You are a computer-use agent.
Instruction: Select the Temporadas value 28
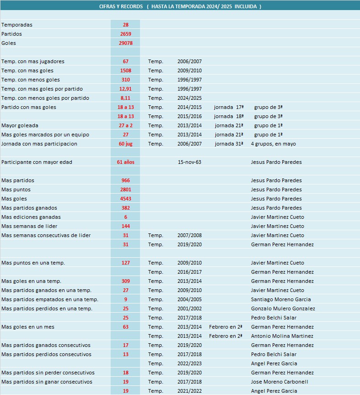tap(125, 25)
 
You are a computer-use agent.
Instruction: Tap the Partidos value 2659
tap(125, 34)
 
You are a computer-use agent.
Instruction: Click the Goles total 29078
tap(125, 43)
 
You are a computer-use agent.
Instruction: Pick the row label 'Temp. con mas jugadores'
tap(33, 61)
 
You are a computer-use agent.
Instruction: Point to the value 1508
tap(125, 70)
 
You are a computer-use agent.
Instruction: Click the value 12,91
tap(125, 89)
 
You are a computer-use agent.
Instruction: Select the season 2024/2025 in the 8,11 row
tap(189, 98)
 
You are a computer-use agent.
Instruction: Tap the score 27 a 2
tap(125, 125)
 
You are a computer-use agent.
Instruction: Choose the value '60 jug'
tap(125, 144)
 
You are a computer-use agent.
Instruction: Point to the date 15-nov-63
tap(189, 162)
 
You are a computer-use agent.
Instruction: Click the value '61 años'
tap(125, 162)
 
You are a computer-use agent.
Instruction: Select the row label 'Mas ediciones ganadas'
tap(31, 217)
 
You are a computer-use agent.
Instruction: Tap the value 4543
tap(125, 199)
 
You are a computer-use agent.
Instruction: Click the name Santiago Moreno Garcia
tap(280, 299)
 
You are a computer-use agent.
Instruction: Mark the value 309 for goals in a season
tap(125, 281)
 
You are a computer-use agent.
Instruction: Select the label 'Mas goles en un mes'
tap(28, 327)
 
